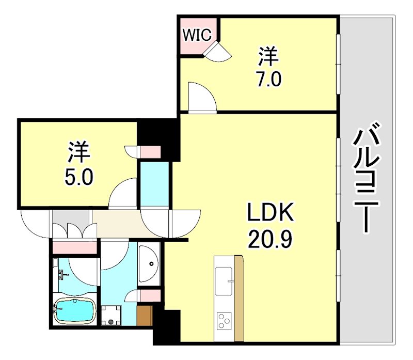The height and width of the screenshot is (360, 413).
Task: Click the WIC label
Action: (197, 35)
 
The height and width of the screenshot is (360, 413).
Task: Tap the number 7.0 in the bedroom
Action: (268, 80)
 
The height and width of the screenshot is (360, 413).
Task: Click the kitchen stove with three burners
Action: (224, 321)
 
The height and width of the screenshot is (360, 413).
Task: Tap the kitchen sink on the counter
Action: (224, 282)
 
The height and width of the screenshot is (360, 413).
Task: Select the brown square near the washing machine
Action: (145, 315)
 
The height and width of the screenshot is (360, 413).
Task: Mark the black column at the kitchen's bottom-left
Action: (166, 327)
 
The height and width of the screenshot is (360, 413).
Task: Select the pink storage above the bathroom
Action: (75, 247)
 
